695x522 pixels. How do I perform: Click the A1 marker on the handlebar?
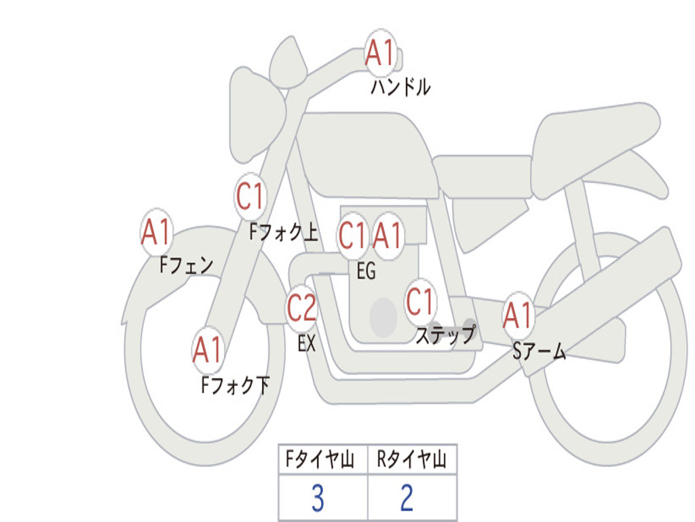(x=380, y=53)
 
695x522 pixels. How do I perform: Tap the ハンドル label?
(x=400, y=87)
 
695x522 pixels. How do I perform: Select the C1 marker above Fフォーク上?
(x=250, y=196)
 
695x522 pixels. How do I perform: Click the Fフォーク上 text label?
(x=284, y=232)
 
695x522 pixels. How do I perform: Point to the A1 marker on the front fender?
(x=156, y=232)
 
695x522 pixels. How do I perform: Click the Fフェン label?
(x=186, y=266)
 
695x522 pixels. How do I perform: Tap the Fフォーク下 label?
(x=235, y=385)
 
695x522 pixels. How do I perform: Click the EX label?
(x=306, y=343)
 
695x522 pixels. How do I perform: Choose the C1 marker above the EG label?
(x=353, y=236)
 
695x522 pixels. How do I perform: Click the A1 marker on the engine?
(x=388, y=236)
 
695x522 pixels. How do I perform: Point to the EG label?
(x=366, y=271)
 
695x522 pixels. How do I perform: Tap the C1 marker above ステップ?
(x=419, y=301)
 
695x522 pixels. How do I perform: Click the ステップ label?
(x=445, y=334)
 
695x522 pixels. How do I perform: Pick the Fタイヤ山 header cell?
(x=323, y=459)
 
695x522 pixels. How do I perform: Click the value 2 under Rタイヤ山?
(x=407, y=498)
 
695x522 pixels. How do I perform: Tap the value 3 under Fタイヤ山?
(x=318, y=498)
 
